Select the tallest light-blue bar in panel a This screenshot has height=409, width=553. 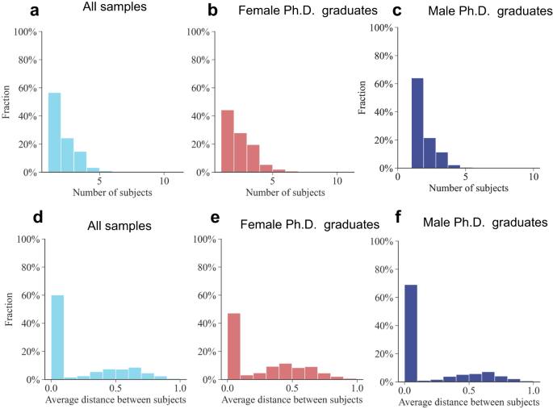pyautogui.click(x=54, y=132)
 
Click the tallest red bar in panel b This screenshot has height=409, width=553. pyautogui.click(x=228, y=141)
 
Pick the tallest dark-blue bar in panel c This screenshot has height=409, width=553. pyautogui.click(x=417, y=123)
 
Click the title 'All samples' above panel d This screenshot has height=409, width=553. pyautogui.click(x=119, y=225)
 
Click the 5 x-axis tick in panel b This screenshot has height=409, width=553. pyautogui.click(x=273, y=182)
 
